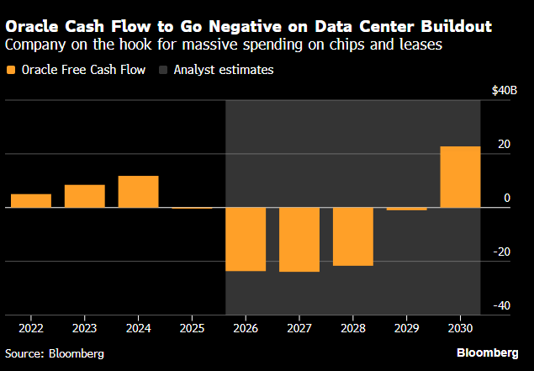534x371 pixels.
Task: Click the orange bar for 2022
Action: (31, 200)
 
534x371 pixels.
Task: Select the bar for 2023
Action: (85, 196)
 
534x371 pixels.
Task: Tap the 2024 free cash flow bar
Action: (138, 192)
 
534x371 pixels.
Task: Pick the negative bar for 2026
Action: (246, 239)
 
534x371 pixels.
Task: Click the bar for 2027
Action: (299, 240)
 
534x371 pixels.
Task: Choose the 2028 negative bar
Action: (353, 236)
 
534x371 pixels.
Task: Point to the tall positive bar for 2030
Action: (460, 177)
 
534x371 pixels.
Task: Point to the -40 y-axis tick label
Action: (502, 306)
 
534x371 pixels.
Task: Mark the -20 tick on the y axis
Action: (502, 252)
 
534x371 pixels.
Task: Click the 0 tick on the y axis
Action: (506, 199)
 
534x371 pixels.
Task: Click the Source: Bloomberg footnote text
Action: (54, 354)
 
